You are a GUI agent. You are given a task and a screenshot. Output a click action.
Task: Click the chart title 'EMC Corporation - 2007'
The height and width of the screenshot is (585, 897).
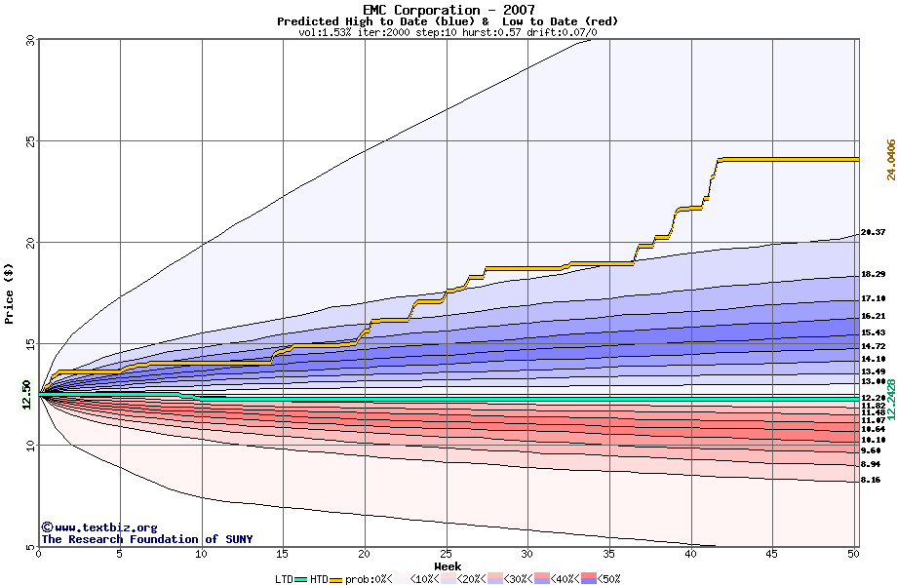[448, 10]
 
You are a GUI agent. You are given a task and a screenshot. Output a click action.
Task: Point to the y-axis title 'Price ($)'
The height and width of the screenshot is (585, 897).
[10, 293]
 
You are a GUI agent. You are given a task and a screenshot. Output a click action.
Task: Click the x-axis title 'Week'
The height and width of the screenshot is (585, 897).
[448, 565]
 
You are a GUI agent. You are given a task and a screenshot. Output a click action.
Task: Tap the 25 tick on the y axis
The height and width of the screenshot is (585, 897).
[29, 140]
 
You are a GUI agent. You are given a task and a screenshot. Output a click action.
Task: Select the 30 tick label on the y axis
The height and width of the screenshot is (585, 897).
[29, 40]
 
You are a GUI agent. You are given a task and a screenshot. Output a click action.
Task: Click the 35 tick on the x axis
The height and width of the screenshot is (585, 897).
[608, 554]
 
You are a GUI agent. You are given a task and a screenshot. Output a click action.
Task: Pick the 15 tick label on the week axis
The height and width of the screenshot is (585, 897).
[283, 554]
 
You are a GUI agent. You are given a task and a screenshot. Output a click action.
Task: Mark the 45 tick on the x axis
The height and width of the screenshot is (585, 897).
[772, 554]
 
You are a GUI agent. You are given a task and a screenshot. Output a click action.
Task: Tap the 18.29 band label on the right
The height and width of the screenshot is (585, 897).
[873, 275]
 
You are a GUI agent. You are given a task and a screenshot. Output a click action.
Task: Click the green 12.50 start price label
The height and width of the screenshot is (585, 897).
[26, 394]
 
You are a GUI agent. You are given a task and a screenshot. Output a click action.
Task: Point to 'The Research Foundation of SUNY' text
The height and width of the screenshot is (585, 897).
[146, 539]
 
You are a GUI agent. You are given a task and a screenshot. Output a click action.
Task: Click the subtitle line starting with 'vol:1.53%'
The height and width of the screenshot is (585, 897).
[448, 32]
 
